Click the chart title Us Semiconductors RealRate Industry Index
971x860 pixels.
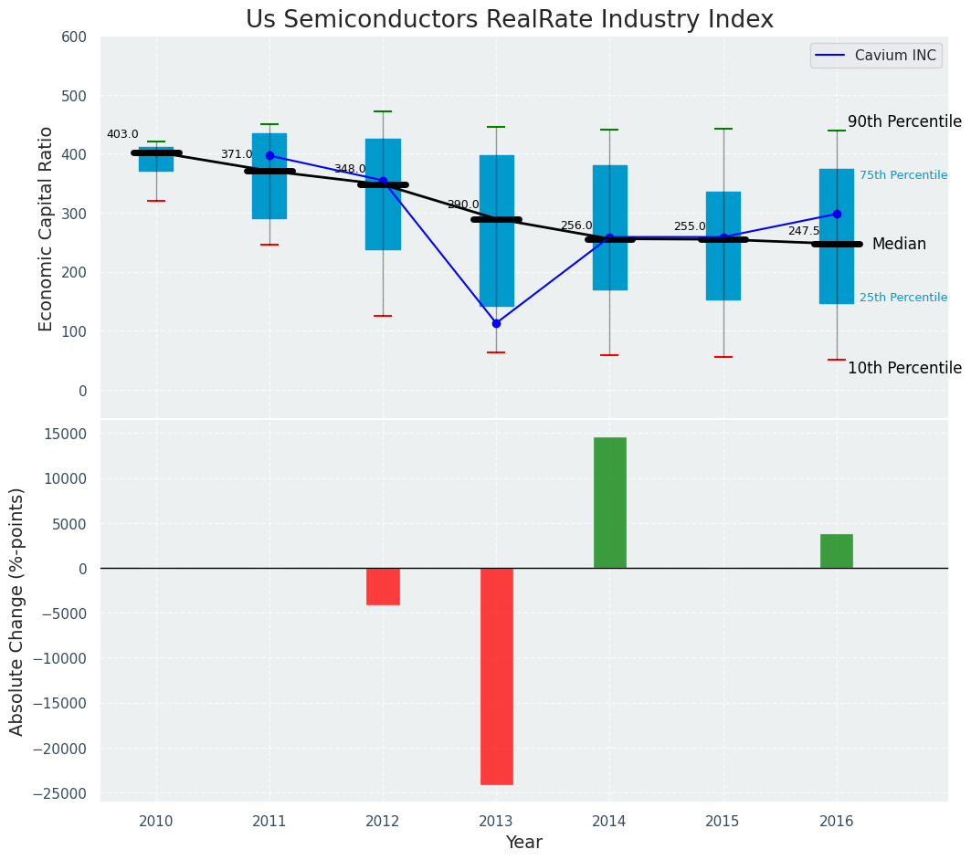[509, 20]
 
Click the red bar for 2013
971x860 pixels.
[496, 676]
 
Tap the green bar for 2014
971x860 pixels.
[609, 502]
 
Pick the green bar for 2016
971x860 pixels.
[836, 551]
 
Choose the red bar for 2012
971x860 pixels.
[383, 586]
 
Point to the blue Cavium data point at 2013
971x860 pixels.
[496, 323]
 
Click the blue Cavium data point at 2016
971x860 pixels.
[837, 214]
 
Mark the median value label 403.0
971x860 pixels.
[122, 134]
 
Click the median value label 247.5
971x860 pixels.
[804, 231]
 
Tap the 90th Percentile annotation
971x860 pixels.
[904, 121]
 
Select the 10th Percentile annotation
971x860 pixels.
[904, 368]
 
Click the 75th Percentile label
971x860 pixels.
[902, 175]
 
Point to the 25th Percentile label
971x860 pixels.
[902, 298]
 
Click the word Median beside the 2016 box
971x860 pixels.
[899, 244]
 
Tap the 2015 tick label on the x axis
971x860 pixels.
[723, 821]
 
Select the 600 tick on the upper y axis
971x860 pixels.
[74, 37]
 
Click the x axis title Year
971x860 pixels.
[523, 843]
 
